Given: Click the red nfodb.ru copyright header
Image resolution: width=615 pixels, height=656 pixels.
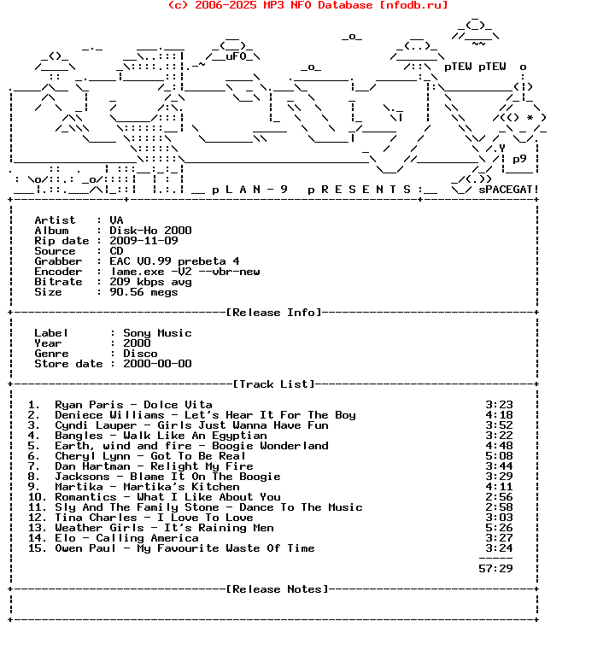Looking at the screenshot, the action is coord(307,5).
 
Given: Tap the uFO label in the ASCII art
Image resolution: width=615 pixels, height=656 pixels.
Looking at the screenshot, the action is coord(236,56).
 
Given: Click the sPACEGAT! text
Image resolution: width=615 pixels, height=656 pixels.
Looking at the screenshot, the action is coord(508,190).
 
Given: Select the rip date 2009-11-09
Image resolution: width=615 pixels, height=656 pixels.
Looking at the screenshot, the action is coord(143,241).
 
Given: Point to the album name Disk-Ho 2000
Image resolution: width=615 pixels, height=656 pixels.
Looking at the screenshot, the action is coord(150,231).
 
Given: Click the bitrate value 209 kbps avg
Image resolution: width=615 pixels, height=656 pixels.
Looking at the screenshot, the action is coord(150,282).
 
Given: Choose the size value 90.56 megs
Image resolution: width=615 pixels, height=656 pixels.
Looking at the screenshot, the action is coord(143,292).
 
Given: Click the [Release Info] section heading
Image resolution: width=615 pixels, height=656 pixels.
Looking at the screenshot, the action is coord(274,313).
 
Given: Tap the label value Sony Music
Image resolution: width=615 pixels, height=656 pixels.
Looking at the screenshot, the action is coord(157,333).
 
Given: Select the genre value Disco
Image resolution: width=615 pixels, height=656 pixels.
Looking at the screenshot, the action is coord(140,354).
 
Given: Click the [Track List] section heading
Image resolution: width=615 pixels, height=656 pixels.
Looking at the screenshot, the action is coord(273,384).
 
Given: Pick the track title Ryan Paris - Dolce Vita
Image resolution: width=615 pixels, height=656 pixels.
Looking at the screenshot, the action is coord(133,405).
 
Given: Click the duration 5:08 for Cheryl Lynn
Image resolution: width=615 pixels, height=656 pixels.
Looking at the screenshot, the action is coord(499,456).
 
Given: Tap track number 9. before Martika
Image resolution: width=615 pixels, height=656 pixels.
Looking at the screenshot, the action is coord(34,487).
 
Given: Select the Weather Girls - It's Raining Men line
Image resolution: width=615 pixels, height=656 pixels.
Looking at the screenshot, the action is coord(164,528).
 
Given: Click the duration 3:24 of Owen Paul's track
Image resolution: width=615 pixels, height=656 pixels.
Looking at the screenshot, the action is coord(499,548).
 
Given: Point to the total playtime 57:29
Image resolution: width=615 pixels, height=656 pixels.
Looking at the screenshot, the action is coord(495,569).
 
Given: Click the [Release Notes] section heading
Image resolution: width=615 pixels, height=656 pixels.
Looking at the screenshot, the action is coord(278,589).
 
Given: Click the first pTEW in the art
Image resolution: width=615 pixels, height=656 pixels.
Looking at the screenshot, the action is coord(458,67).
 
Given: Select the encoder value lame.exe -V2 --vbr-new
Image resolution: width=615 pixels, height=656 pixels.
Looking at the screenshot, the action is coord(184,272).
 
